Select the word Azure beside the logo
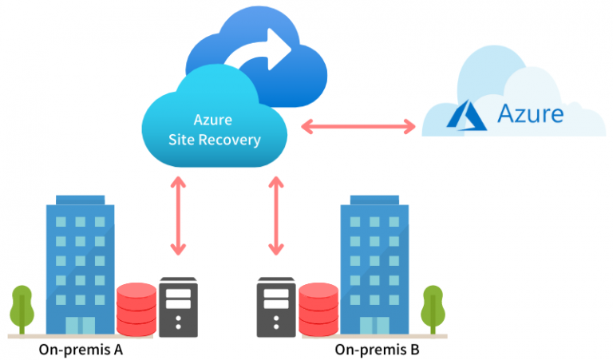tap(530, 113)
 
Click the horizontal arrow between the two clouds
tap(359, 125)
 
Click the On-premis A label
tap(80, 349)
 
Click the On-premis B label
tap(376, 349)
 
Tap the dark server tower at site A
tap(179, 307)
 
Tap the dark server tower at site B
tap(276, 307)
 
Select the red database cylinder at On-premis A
tap(136, 307)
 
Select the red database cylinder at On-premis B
tap(318, 307)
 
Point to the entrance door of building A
tap(80, 324)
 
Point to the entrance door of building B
tap(374, 324)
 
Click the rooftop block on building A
tap(80, 199)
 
